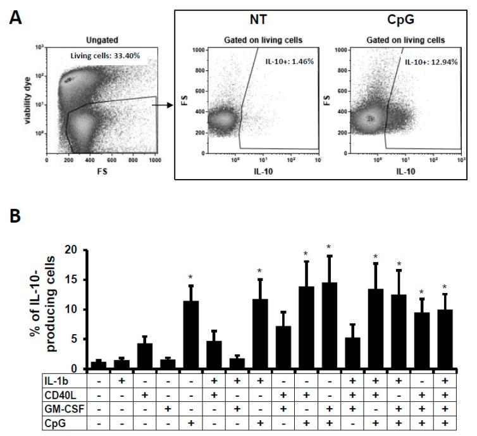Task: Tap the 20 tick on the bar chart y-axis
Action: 79,250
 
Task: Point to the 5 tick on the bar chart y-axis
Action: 82,339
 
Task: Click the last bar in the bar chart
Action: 445,339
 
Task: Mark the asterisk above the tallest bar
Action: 328,247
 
